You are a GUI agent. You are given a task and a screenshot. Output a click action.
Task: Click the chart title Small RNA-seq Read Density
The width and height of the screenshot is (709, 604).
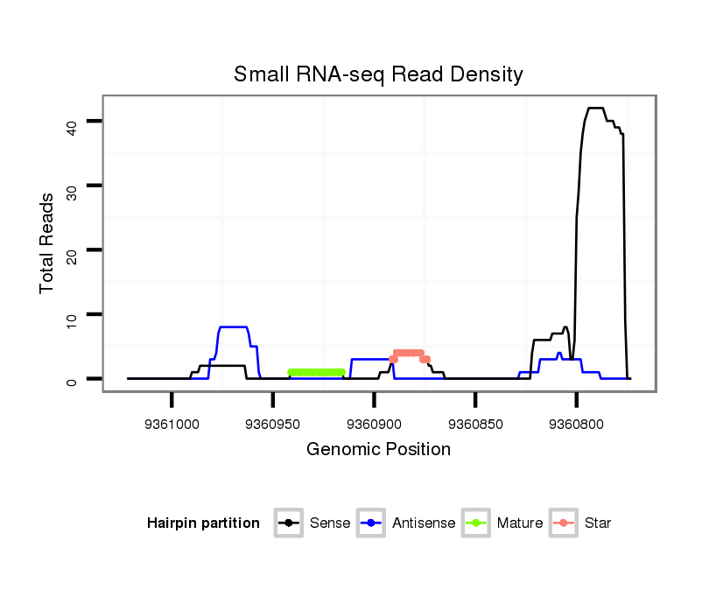pos(378,74)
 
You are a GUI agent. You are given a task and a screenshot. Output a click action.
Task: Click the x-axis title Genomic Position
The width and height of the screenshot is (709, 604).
pos(378,450)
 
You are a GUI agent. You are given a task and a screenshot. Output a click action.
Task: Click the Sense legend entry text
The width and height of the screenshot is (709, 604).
pos(330,523)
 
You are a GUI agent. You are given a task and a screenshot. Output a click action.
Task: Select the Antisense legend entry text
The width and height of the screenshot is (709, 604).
pos(424,523)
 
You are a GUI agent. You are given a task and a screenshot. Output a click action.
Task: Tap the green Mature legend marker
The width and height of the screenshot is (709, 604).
pos(476,523)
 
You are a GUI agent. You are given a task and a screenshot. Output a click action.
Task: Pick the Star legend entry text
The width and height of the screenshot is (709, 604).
pos(599,523)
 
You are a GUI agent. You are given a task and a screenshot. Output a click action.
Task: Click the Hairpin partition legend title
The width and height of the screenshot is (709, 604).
pos(203,523)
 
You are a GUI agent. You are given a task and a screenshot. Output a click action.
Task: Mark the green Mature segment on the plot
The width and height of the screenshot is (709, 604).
pos(316,373)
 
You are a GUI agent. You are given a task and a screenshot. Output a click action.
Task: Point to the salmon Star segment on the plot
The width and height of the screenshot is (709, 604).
pos(409,354)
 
